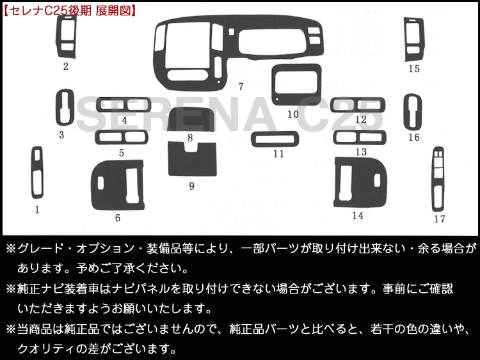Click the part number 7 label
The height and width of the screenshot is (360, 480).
(241, 86)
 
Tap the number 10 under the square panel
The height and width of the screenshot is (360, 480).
(293, 114)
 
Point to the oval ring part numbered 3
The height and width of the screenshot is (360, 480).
(58, 107)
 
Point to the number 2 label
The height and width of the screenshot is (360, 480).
(65, 67)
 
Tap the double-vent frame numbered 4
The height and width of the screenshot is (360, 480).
(124, 99)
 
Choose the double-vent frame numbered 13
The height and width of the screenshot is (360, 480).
(360, 132)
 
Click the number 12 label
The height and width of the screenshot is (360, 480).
(361, 120)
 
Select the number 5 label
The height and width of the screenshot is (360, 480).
(122, 153)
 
